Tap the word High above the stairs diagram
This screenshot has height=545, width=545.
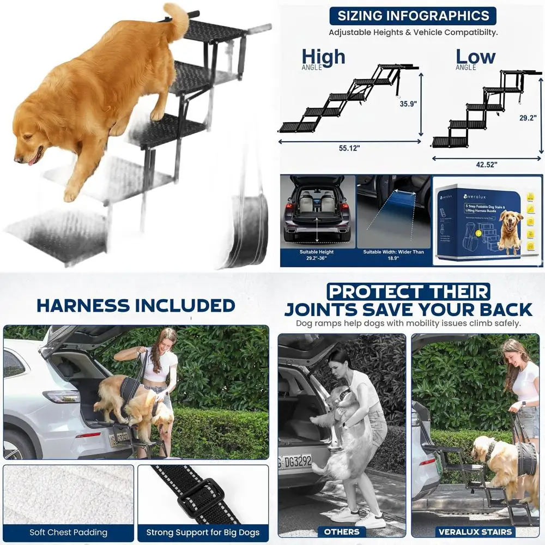(323, 56)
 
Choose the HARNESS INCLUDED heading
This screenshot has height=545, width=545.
(136, 305)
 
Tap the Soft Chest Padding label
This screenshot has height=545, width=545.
(69, 532)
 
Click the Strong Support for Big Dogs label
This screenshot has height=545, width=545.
(203, 532)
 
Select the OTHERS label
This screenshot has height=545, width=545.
(342, 531)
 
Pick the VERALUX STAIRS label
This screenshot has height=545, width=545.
(475, 531)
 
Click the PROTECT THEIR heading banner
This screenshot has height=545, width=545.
(408, 291)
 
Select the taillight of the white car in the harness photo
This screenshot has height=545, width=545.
(60, 397)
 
